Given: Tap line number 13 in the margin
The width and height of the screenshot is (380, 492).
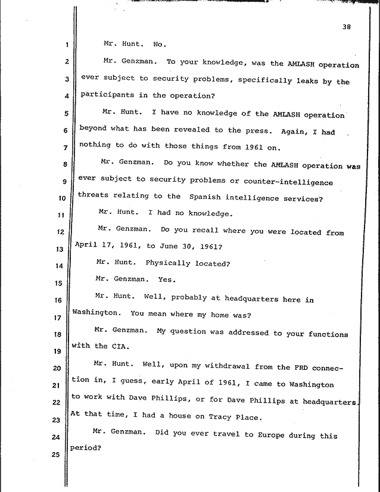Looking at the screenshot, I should (x=67, y=250).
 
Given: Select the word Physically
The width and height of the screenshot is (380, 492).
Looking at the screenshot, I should (x=167, y=263).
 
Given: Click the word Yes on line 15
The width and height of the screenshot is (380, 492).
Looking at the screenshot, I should (x=166, y=279).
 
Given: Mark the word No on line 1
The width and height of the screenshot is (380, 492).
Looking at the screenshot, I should (x=160, y=45).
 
